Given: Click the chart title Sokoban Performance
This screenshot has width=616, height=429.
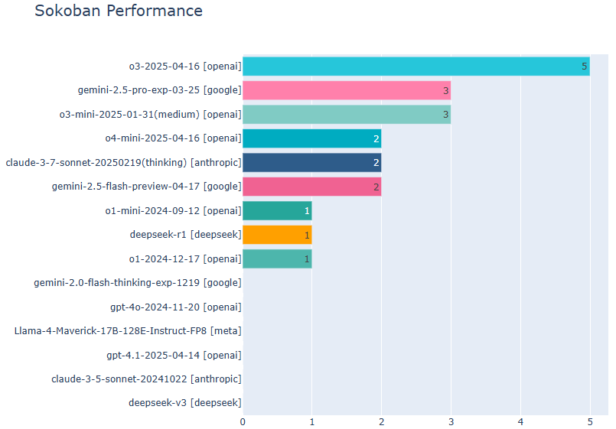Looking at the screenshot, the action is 119,11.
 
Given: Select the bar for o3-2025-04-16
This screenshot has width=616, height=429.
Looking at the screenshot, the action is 416,67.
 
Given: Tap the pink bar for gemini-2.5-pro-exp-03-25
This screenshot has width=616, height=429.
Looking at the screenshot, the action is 347,90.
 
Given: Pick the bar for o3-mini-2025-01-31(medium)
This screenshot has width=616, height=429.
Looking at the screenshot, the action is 347,115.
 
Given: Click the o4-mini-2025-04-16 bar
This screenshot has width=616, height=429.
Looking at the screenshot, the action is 312,138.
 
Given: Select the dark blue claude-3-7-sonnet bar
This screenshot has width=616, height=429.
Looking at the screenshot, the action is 312,162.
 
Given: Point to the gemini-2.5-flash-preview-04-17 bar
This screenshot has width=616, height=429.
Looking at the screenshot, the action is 312,187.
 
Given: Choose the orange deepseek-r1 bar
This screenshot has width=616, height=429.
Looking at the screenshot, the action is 277,235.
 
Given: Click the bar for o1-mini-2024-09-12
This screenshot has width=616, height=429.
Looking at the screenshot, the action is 277,211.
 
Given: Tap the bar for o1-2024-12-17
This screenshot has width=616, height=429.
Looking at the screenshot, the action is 277,259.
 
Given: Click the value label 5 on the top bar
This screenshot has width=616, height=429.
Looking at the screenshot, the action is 584,67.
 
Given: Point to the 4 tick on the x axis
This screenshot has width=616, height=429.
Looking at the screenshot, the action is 520,422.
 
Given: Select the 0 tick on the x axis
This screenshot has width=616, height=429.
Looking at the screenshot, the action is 243,422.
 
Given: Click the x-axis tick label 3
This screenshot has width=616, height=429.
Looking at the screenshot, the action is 451,422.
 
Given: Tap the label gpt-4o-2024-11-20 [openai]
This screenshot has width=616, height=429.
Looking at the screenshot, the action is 175,307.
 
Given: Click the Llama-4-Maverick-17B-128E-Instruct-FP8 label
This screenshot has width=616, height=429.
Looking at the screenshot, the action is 128,331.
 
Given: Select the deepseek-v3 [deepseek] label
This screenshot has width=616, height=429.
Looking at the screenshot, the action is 185,403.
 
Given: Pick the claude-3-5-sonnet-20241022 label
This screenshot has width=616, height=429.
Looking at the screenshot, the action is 146,379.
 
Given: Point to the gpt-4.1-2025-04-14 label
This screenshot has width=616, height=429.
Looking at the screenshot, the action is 174,356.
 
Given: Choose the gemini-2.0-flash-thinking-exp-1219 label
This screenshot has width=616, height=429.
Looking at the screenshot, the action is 138,283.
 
